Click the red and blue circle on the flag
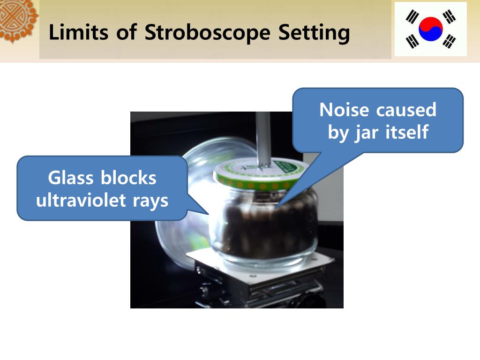tap(431, 29)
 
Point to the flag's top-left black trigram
tap(412, 17)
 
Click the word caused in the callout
tap(406, 110)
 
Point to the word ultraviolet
tap(81, 201)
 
